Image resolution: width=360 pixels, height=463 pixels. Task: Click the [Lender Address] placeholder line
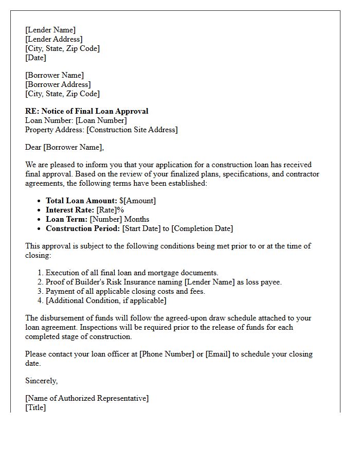53,39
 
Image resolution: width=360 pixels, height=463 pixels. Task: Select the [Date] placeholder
35,58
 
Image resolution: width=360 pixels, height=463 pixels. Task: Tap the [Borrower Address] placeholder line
58,84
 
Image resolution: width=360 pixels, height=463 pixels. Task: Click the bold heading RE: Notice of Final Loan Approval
86,111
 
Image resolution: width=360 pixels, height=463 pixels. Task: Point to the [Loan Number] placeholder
101,120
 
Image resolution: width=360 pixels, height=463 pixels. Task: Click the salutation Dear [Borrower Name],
64,148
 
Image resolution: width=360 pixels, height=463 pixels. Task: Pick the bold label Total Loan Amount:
81,201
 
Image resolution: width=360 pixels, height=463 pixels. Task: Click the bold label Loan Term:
66,219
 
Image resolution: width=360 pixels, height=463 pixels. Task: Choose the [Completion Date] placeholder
202,228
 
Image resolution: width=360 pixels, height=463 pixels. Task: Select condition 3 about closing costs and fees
125,291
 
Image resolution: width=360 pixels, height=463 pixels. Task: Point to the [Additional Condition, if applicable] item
106,300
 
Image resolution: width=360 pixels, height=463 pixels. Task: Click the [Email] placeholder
218,354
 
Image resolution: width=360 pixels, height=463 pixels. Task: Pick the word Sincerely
41,381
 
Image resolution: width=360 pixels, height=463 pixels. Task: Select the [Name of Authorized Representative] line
87,398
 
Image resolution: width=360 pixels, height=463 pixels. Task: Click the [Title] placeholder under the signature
35,407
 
